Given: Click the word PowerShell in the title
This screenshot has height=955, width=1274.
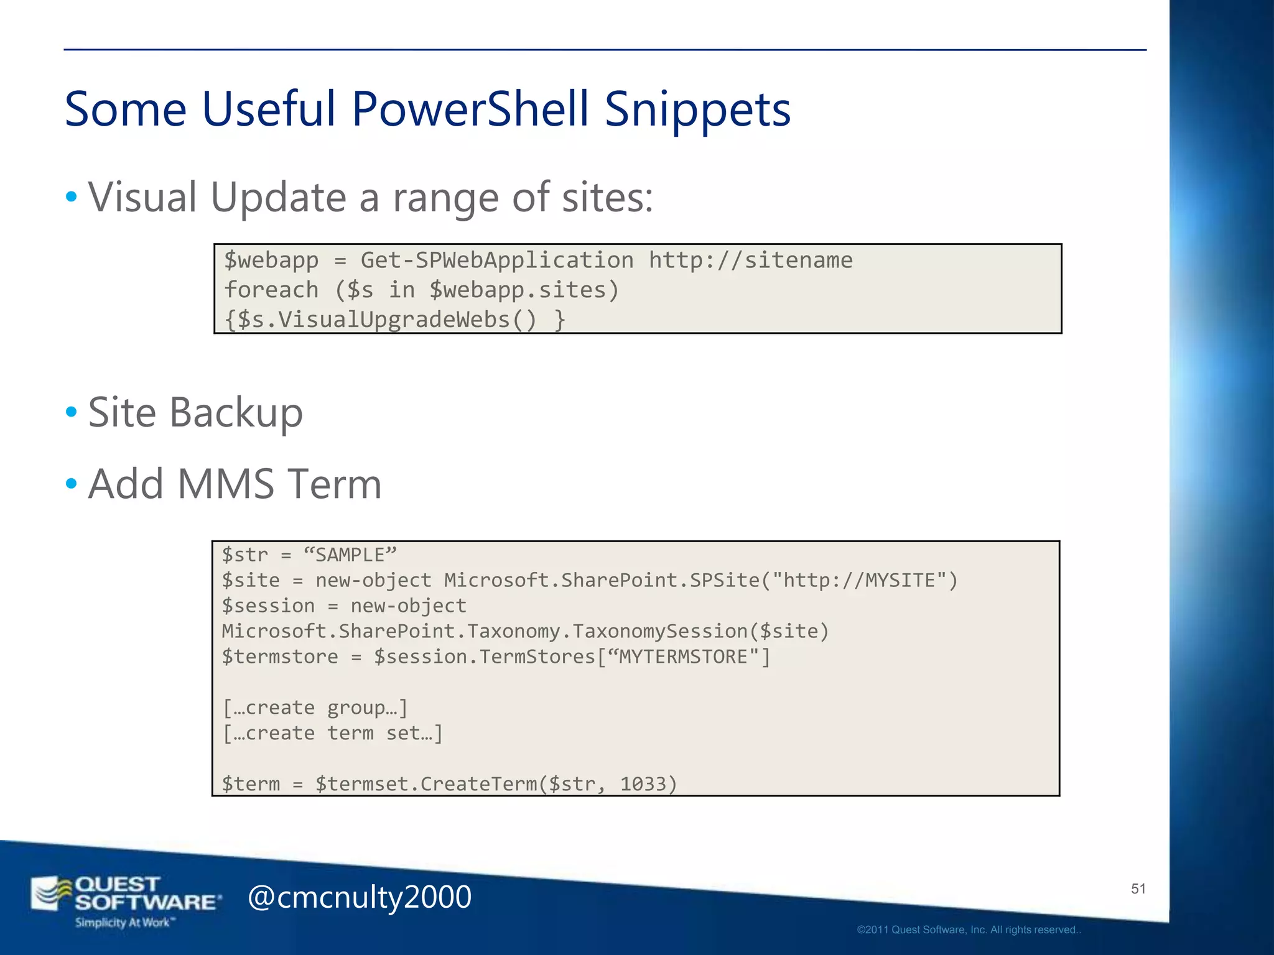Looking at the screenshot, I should [470, 109].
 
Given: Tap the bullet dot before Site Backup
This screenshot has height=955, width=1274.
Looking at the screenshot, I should [72, 412].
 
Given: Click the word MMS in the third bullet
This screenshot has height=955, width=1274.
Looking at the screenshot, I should [225, 484].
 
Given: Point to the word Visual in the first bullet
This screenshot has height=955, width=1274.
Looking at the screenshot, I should [142, 197].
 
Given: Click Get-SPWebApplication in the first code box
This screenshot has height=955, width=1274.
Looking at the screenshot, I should [497, 260].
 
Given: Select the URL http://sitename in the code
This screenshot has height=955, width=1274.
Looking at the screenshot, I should [750, 260].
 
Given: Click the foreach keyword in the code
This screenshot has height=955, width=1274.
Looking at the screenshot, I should [271, 290].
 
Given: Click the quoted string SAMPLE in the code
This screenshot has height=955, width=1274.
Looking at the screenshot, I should [350, 555].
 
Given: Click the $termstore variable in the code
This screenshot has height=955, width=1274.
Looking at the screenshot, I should [280, 657].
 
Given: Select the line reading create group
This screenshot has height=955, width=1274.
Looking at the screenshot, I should [315, 708].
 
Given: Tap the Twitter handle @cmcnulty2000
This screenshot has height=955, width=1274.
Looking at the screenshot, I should [360, 897].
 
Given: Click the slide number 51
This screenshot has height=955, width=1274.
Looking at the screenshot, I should [1138, 889].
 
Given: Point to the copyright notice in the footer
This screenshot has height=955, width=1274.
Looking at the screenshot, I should [969, 930].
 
